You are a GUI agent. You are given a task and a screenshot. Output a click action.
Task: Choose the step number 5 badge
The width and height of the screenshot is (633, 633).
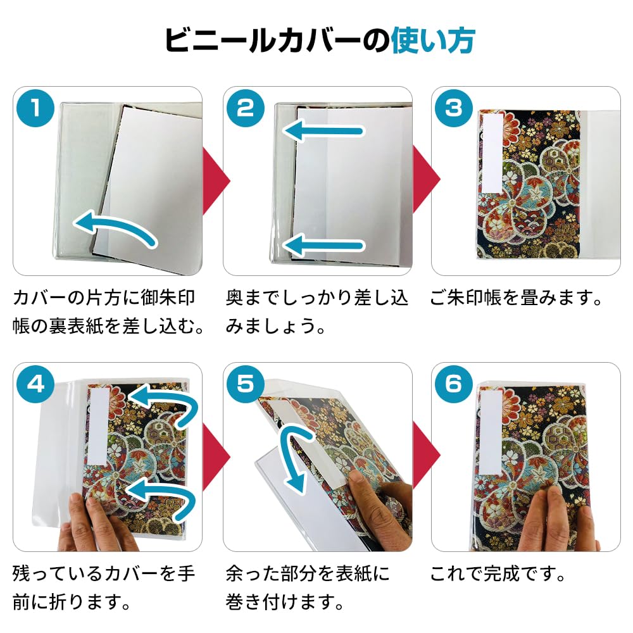[x=246, y=384]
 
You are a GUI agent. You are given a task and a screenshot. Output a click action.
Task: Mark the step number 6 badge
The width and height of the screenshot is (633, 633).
[x=453, y=384]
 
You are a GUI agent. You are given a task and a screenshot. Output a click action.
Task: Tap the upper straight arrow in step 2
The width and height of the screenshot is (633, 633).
[x=323, y=131]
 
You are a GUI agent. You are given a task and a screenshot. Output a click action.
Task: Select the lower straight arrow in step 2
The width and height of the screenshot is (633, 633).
[x=323, y=245]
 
